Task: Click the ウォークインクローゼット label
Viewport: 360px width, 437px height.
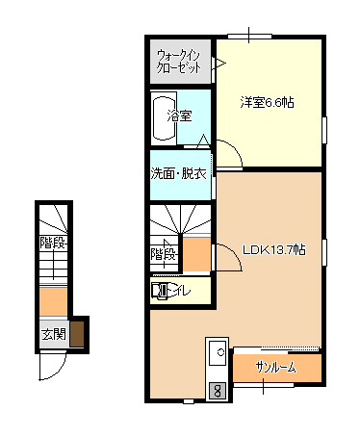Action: (x=180, y=62)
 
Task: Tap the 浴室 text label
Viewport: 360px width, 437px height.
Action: (x=179, y=116)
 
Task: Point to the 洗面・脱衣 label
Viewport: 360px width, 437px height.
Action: (x=179, y=174)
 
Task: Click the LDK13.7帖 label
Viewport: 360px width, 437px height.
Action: (x=273, y=250)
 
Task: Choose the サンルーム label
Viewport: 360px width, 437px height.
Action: (x=276, y=368)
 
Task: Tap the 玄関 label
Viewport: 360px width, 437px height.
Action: (x=52, y=335)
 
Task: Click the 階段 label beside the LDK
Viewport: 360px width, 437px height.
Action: (x=163, y=254)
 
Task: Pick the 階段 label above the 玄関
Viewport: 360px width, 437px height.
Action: (x=52, y=243)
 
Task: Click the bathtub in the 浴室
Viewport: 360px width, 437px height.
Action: (x=162, y=117)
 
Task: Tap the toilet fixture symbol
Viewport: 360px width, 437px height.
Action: (x=161, y=289)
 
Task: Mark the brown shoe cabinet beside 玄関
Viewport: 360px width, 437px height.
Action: (x=77, y=333)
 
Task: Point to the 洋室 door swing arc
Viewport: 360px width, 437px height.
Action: (x=227, y=152)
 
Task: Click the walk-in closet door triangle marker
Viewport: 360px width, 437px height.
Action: (x=219, y=64)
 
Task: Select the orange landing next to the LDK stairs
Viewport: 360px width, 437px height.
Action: (x=195, y=254)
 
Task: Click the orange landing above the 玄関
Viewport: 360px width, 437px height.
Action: (x=51, y=301)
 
